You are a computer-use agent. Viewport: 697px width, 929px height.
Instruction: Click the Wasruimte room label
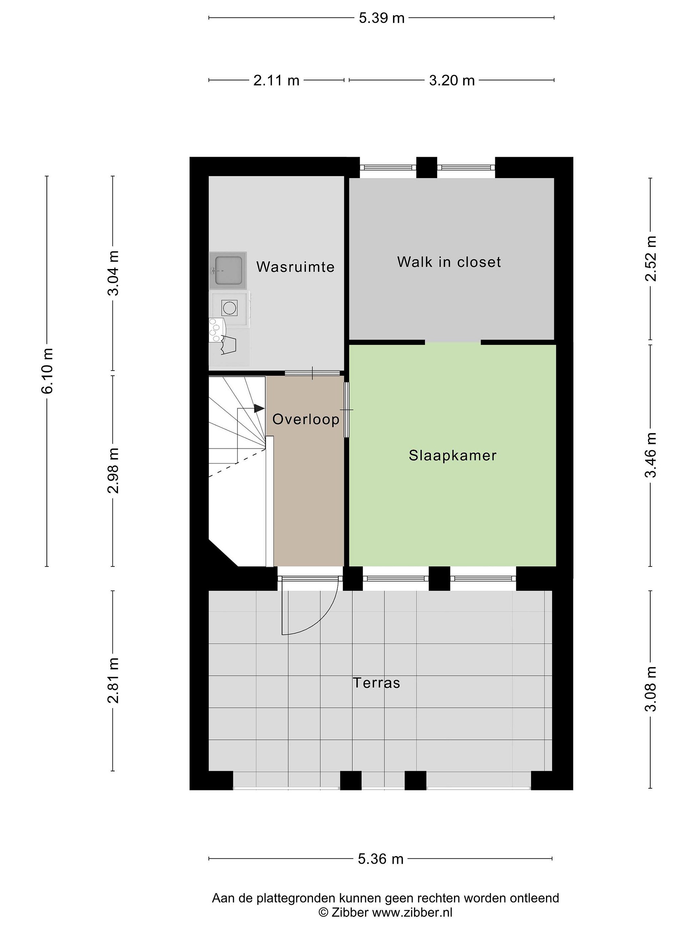(295, 267)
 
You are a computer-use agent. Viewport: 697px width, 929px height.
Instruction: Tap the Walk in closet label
(449, 262)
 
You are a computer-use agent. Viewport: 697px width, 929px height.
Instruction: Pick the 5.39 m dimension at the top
(381, 18)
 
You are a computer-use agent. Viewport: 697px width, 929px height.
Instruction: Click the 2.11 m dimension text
(276, 80)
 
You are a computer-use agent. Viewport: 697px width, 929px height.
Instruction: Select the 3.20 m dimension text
(452, 80)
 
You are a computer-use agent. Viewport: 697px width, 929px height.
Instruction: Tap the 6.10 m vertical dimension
(47, 371)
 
